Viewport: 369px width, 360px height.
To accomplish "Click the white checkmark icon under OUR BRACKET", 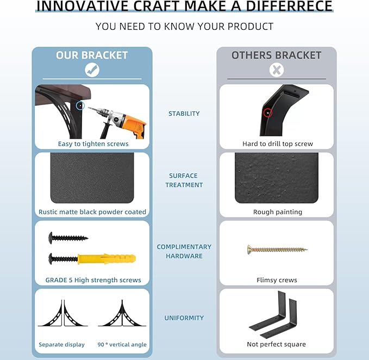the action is pyautogui.click(x=92, y=70).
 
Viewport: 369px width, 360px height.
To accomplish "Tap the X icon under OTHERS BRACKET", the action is pyautogui.click(x=277, y=70).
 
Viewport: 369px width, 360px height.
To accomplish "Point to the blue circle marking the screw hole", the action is pyautogui.click(x=80, y=105).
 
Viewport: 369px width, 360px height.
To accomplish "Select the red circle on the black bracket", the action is pyautogui.click(x=268, y=113).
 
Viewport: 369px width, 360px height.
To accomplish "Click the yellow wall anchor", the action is pyautogui.click(x=107, y=259).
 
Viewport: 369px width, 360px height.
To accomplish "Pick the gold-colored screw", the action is pyautogui.click(x=277, y=250).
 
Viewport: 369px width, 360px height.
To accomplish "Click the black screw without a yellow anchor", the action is pyautogui.click(x=68, y=238).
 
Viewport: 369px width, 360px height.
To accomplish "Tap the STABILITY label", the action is pyautogui.click(x=184, y=114).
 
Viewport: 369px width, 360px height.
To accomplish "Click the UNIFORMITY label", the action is pyautogui.click(x=184, y=318).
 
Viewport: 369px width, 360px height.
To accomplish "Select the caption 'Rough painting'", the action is pyautogui.click(x=278, y=212).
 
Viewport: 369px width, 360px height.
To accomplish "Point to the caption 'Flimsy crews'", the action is pyautogui.click(x=277, y=280).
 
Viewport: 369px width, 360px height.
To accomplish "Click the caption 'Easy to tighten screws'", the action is pyautogui.click(x=93, y=144).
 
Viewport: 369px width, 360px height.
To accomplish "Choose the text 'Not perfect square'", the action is pyautogui.click(x=276, y=344).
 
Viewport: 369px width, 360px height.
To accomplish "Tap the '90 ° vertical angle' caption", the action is pyautogui.click(x=122, y=344).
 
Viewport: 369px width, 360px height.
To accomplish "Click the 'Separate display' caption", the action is pyautogui.click(x=61, y=344).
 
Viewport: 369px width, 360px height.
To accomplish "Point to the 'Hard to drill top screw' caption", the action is pyautogui.click(x=278, y=144).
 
